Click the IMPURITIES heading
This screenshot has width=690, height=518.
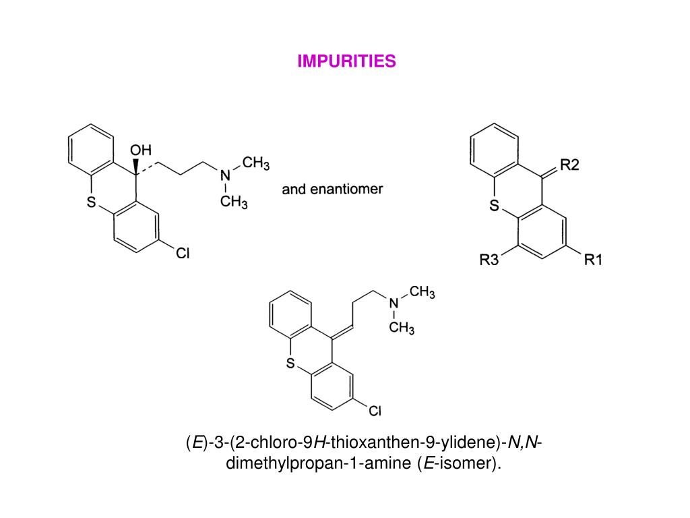(x=347, y=61)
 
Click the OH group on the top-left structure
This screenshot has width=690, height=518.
(x=141, y=150)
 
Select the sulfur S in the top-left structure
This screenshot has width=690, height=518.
(x=92, y=202)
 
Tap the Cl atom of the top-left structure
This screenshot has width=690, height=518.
(x=183, y=254)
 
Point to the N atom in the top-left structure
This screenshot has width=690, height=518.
(x=225, y=175)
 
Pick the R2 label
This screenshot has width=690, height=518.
(x=570, y=165)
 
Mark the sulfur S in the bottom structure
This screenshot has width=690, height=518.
(x=291, y=365)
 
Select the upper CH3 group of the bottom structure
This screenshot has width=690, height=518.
(x=422, y=292)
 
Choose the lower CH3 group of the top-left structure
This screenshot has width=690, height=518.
(x=234, y=202)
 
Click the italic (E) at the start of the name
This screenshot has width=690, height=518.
(x=196, y=442)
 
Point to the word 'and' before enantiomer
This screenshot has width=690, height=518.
(x=294, y=189)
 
